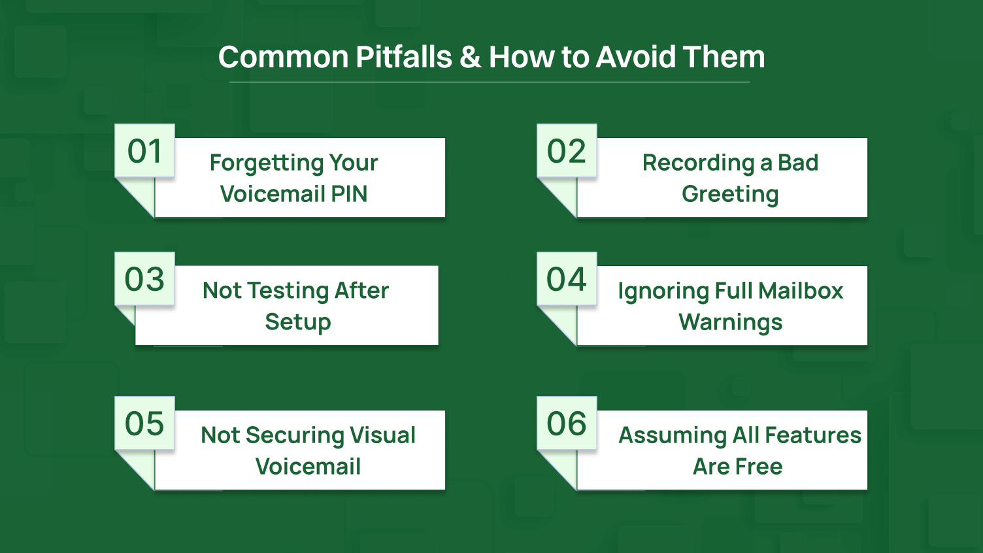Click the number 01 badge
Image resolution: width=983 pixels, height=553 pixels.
pyautogui.click(x=144, y=151)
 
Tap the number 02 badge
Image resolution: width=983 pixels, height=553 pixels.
pyautogui.click(x=567, y=151)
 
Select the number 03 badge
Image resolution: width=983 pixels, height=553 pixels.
pyautogui.click(x=144, y=279)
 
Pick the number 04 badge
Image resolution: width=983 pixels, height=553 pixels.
pyautogui.click(x=567, y=279)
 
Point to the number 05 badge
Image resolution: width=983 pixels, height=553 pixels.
pyautogui.click(x=144, y=424)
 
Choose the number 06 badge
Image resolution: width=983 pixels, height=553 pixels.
pyautogui.click(x=567, y=424)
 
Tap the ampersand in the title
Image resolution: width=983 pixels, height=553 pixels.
pyautogui.click(x=470, y=57)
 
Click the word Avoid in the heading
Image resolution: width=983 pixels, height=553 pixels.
pyautogui.click(x=636, y=57)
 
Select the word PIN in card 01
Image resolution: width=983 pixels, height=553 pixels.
pyautogui.click(x=349, y=194)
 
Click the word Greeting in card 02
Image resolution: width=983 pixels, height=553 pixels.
pyautogui.click(x=730, y=194)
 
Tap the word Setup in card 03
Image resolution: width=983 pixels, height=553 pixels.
pyautogui.click(x=298, y=322)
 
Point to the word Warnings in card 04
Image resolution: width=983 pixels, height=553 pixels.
pyautogui.click(x=730, y=322)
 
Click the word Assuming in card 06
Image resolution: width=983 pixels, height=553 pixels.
pyautogui.click(x=673, y=435)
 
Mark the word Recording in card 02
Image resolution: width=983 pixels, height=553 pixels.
pyautogui.click(x=698, y=163)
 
